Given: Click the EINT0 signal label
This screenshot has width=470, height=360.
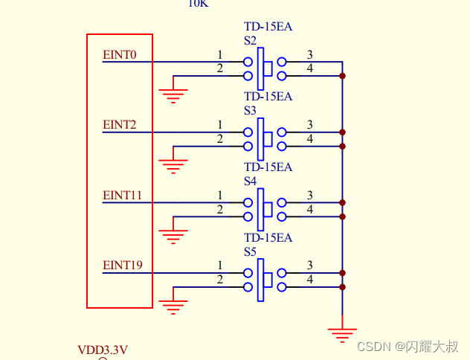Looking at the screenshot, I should tap(119, 54).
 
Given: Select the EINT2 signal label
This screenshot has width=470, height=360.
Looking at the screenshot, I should tap(119, 124).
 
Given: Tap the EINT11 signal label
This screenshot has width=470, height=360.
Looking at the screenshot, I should tap(122, 195).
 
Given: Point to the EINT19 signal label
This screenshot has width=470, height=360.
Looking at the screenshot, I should tap(122, 265).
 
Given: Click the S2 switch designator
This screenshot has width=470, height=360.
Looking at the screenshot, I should tap(250, 40).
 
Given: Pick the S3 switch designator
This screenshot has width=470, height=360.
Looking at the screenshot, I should tap(250, 110).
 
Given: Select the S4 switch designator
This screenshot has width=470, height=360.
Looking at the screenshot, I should tap(250, 181).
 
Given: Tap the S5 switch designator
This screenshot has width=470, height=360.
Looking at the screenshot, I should tap(250, 251).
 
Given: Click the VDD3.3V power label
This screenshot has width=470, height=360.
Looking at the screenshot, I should tap(103, 350).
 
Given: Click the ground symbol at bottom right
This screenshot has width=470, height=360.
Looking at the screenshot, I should tap(342, 335).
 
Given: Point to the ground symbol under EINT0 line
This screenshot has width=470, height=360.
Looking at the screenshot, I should tap(173, 95).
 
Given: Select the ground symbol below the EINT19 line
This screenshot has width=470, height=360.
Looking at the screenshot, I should tap(173, 306).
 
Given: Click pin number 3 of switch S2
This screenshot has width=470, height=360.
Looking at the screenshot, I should tap(309, 54).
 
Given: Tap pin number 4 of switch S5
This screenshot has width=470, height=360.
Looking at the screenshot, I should tap(309, 280).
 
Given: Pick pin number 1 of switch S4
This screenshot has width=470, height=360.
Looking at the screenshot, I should tap(219, 195).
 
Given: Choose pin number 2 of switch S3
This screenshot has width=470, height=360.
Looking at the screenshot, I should tap(219, 139).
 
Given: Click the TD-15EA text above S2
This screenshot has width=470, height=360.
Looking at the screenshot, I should tap(268, 28).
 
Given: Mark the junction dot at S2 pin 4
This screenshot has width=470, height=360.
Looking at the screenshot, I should tap(342, 76).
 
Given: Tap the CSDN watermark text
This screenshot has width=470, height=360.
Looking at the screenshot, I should tap(408, 347).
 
